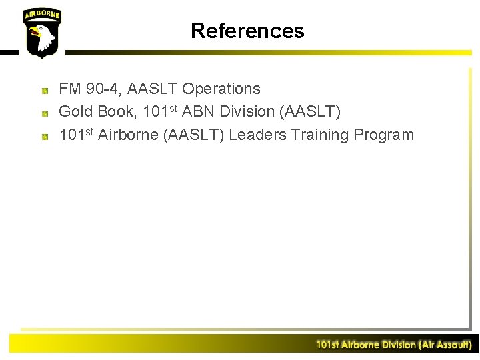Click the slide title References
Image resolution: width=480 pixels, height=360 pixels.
tap(247, 31)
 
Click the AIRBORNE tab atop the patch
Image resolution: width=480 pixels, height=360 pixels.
tap(41, 15)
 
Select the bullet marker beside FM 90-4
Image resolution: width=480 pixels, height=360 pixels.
tap(44, 89)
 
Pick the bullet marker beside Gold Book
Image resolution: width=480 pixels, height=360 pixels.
tap(44, 113)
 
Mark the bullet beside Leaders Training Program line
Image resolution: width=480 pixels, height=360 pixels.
tap(44, 136)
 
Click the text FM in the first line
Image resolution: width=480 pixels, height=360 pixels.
tap(69, 89)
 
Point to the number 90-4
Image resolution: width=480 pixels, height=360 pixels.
tap(104, 89)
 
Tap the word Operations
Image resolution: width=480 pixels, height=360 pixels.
tap(221, 89)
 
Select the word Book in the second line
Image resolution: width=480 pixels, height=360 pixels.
tap(117, 112)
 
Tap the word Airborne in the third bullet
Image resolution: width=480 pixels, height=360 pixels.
tap(128, 135)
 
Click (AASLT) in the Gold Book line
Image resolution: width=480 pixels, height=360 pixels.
tap(315, 112)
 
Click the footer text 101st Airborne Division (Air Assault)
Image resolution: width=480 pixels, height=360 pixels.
tap(393, 345)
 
